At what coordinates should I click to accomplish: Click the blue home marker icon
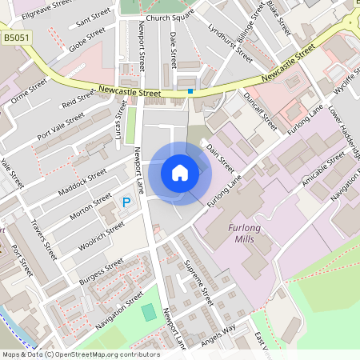point(180,173)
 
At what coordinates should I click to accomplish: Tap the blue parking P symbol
point(126,205)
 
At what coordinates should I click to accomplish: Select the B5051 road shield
point(15,37)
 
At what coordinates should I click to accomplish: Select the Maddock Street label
point(82,185)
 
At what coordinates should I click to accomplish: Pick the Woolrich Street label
point(102,236)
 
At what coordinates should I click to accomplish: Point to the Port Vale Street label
point(60,126)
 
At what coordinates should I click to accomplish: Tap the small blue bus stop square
point(190,91)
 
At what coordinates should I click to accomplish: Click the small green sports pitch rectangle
point(149,313)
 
